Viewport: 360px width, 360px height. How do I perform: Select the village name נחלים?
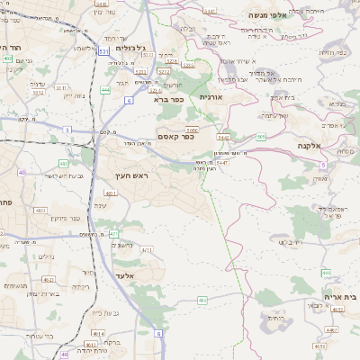[47, 256]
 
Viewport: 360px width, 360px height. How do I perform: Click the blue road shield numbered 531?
[103, 52]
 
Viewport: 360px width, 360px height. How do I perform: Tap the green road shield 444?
[106, 90]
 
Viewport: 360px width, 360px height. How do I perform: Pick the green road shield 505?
[260, 137]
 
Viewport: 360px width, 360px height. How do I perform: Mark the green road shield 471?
[114, 234]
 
